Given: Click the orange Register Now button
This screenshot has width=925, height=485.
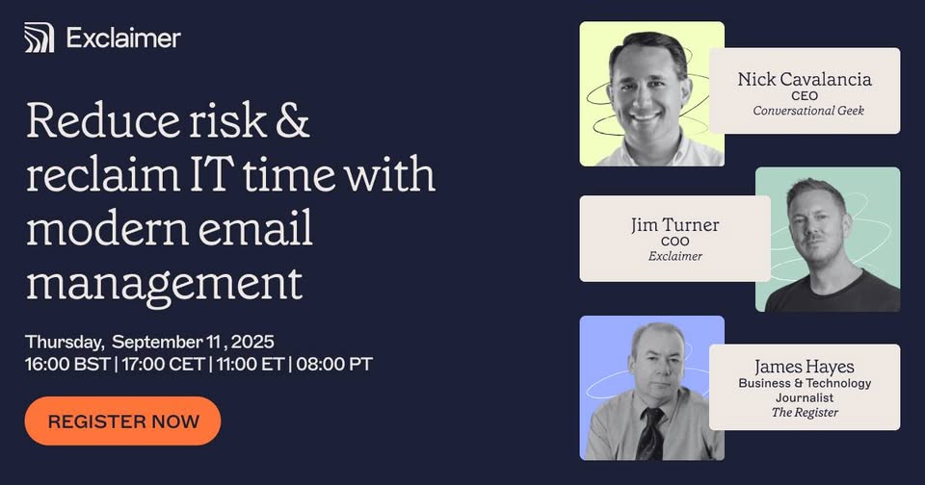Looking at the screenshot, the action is pyautogui.click(x=122, y=421).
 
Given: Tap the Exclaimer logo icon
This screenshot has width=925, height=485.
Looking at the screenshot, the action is pyautogui.click(x=39, y=38).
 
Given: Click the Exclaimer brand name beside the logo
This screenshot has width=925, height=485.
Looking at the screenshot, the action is pyautogui.click(x=123, y=38).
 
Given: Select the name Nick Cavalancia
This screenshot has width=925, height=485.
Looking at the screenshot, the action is pyautogui.click(x=805, y=79).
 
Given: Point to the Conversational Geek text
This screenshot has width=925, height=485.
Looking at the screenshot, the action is pyautogui.click(x=808, y=111).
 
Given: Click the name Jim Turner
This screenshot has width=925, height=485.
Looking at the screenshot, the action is pyautogui.click(x=674, y=225).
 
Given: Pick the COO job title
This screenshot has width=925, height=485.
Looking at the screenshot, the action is pyautogui.click(x=674, y=241).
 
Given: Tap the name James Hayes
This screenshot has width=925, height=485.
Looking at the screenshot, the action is pyautogui.click(x=804, y=367).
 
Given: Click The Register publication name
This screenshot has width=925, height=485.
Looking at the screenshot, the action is pyautogui.click(x=805, y=413).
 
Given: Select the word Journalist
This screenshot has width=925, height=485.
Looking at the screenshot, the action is pyautogui.click(x=805, y=397).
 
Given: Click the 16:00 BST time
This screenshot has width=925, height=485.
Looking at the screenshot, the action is pyautogui.click(x=67, y=364).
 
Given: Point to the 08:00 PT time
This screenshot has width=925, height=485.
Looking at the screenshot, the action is pyautogui.click(x=334, y=364).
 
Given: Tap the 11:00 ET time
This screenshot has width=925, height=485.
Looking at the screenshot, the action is pyautogui.click(x=251, y=364).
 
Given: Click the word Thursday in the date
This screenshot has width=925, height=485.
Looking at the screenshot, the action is pyautogui.click(x=64, y=342).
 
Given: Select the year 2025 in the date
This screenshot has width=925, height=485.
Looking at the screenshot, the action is pyautogui.click(x=252, y=342).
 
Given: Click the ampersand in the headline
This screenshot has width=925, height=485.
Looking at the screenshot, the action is pyautogui.click(x=293, y=121).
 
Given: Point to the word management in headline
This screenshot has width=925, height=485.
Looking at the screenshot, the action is pyautogui.click(x=164, y=284).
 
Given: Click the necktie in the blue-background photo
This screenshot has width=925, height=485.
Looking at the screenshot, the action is pyautogui.click(x=650, y=433).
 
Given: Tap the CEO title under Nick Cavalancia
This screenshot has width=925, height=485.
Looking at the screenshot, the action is pyautogui.click(x=805, y=95).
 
